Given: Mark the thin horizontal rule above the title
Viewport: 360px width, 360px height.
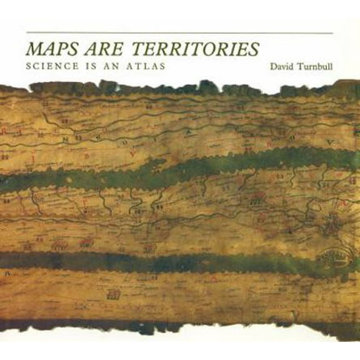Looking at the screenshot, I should coord(179,32).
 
